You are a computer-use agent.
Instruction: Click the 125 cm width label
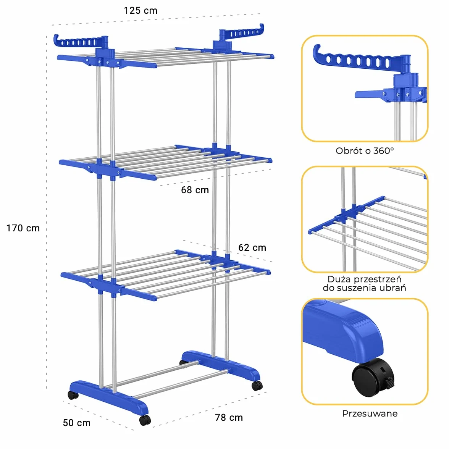pyautogui.click(x=141, y=11)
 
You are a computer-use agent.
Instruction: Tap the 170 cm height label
pyautogui.click(x=23, y=228)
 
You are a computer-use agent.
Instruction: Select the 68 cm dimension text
pyautogui.click(x=195, y=190)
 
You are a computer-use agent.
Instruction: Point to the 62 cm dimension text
pyautogui.click(x=252, y=247)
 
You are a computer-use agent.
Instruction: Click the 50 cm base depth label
pyautogui.click(x=77, y=423)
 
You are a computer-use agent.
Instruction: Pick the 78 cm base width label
pyautogui.click(x=229, y=418)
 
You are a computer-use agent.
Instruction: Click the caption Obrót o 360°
pyautogui.click(x=365, y=150)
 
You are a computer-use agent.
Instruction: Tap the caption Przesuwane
pyautogui.click(x=370, y=413)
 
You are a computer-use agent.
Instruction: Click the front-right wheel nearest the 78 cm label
pyautogui.click(x=145, y=420)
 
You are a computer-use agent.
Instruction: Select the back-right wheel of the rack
pyautogui.click(x=257, y=386)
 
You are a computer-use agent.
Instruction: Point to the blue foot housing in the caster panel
pyautogui.click(x=342, y=329)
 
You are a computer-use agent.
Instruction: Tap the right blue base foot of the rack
pyautogui.click(x=221, y=365)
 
